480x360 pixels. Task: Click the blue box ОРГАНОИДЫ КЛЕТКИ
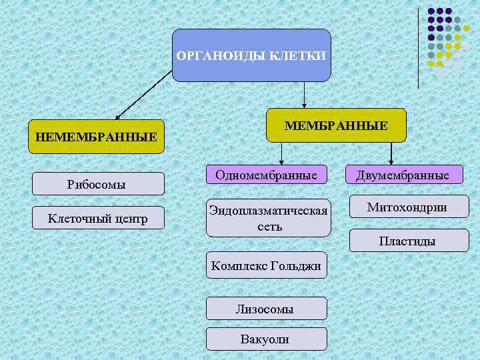click(x=251, y=55)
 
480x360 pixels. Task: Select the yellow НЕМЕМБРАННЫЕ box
click(x=97, y=137)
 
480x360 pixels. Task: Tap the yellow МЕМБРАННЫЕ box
click(x=335, y=125)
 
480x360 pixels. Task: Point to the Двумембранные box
click(x=402, y=175)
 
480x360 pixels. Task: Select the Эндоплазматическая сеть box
click(x=268, y=218)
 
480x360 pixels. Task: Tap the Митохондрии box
click(x=407, y=208)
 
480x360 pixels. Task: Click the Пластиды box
click(x=407, y=241)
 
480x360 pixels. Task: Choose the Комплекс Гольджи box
click(x=267, y=266)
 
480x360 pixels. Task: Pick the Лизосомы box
click(x=267, y=309)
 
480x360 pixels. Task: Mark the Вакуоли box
click(x=267, y=339)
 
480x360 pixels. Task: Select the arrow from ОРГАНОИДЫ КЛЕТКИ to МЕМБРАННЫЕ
click(x=304, y=95)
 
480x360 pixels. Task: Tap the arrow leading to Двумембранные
click(x=391, y=153)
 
